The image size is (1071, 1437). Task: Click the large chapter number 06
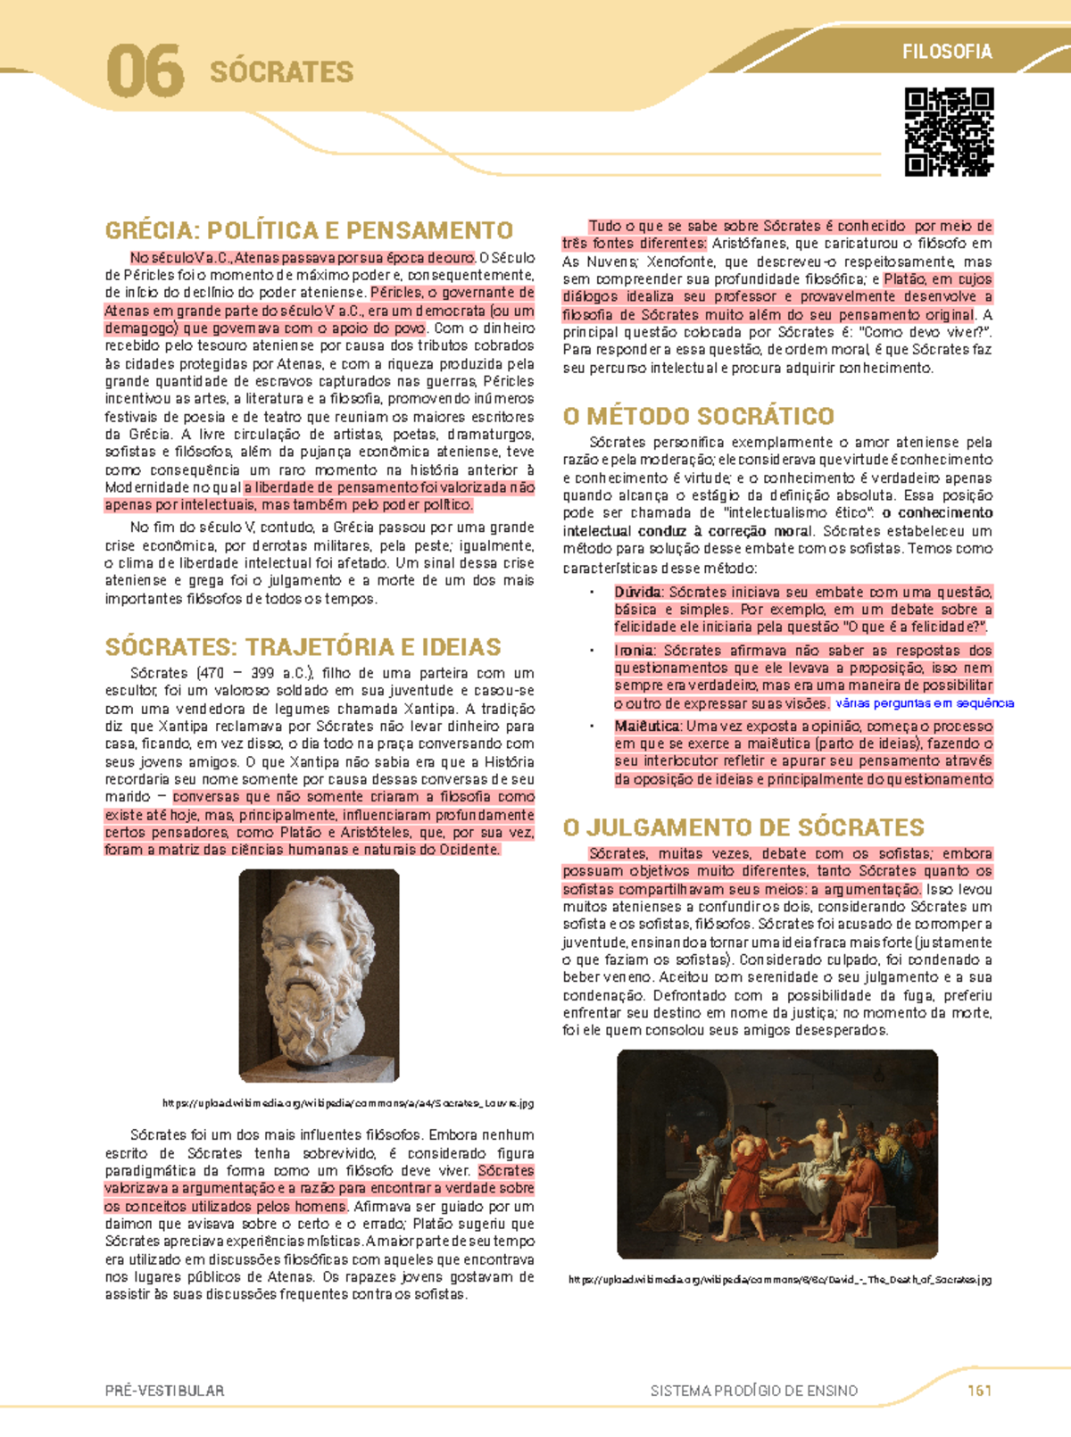tap(145, 72)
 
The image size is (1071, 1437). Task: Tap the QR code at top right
tap(949, 131)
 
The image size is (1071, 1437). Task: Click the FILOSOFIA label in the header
tap(947, 52)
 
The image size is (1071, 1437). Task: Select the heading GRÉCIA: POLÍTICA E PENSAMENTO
tap(309, 230)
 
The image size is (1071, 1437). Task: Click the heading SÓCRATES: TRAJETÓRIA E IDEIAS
tap(303, 646)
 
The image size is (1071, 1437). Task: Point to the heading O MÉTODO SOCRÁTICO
tap(698, 416)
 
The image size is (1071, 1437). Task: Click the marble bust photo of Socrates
tap(319, 975)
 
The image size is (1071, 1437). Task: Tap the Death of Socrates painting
tap(777, 1153)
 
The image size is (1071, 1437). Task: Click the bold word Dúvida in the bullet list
tap(638, 592)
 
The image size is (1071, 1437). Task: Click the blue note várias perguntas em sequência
tap(924, 703)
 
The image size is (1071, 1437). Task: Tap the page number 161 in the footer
tap(979, 1391)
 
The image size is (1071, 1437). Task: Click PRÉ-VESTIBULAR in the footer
tap(164, 1391)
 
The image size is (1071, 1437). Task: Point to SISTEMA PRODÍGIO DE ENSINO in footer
tap(753, 1391)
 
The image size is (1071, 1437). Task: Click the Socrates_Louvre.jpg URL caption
tap(348, 1103)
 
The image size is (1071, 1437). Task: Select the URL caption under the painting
tap(779, 1280)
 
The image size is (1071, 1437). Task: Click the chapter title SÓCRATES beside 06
tap(281, 72)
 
